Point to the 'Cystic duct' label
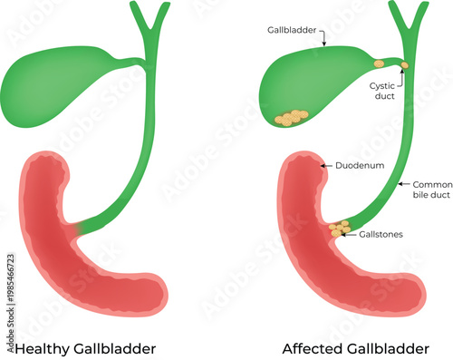click(x=384, y=92)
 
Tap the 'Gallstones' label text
click(x=381, y=234)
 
